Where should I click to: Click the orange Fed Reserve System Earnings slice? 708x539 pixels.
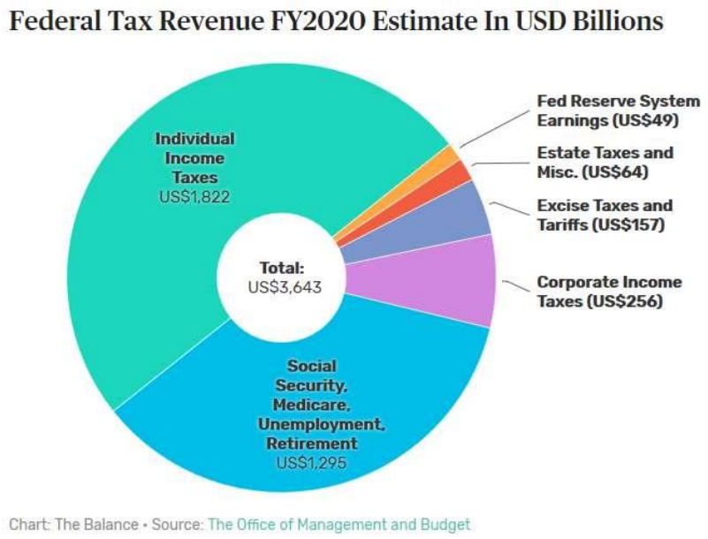coord(446,158)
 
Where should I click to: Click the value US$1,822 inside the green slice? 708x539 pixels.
coord(194,196)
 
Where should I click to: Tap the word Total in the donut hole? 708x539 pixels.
coord(281,267)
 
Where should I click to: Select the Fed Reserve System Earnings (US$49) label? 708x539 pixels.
coord(618,111)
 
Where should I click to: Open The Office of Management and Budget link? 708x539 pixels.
coord(339,524)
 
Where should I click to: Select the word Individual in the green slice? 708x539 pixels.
coord(194,139)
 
